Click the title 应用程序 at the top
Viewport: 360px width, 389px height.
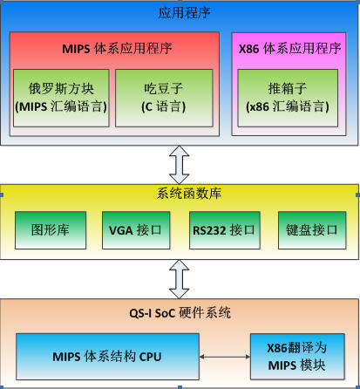[184, 13]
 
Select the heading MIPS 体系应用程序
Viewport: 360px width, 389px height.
[117, 49]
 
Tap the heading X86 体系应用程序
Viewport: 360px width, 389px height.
[289, 49]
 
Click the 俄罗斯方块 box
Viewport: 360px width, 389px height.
[61, 98]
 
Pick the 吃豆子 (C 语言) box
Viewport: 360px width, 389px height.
[164, 98]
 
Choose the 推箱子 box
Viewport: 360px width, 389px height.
[288, 98]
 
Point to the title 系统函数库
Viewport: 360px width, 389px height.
[189, 194]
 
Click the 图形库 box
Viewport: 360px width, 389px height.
[51, 230]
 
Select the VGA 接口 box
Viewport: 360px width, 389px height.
[136, 230]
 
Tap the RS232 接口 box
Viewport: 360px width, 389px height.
[225, 230]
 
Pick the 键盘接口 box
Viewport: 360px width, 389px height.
[312, 230]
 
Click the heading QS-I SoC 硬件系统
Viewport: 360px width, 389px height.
[180, 313]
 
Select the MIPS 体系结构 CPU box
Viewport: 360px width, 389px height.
[107, 357]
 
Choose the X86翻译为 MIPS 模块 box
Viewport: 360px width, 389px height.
[297, 357]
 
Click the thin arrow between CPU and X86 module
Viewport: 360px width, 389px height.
[225, 357]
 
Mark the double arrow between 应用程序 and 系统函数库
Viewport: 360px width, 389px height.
[180, 165]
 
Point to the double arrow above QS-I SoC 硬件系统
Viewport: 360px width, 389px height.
[180, 279]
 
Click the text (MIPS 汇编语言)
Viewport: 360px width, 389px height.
[61, 106]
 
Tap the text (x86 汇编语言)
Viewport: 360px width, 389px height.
[288, 106]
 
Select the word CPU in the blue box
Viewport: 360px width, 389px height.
[150, 357]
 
